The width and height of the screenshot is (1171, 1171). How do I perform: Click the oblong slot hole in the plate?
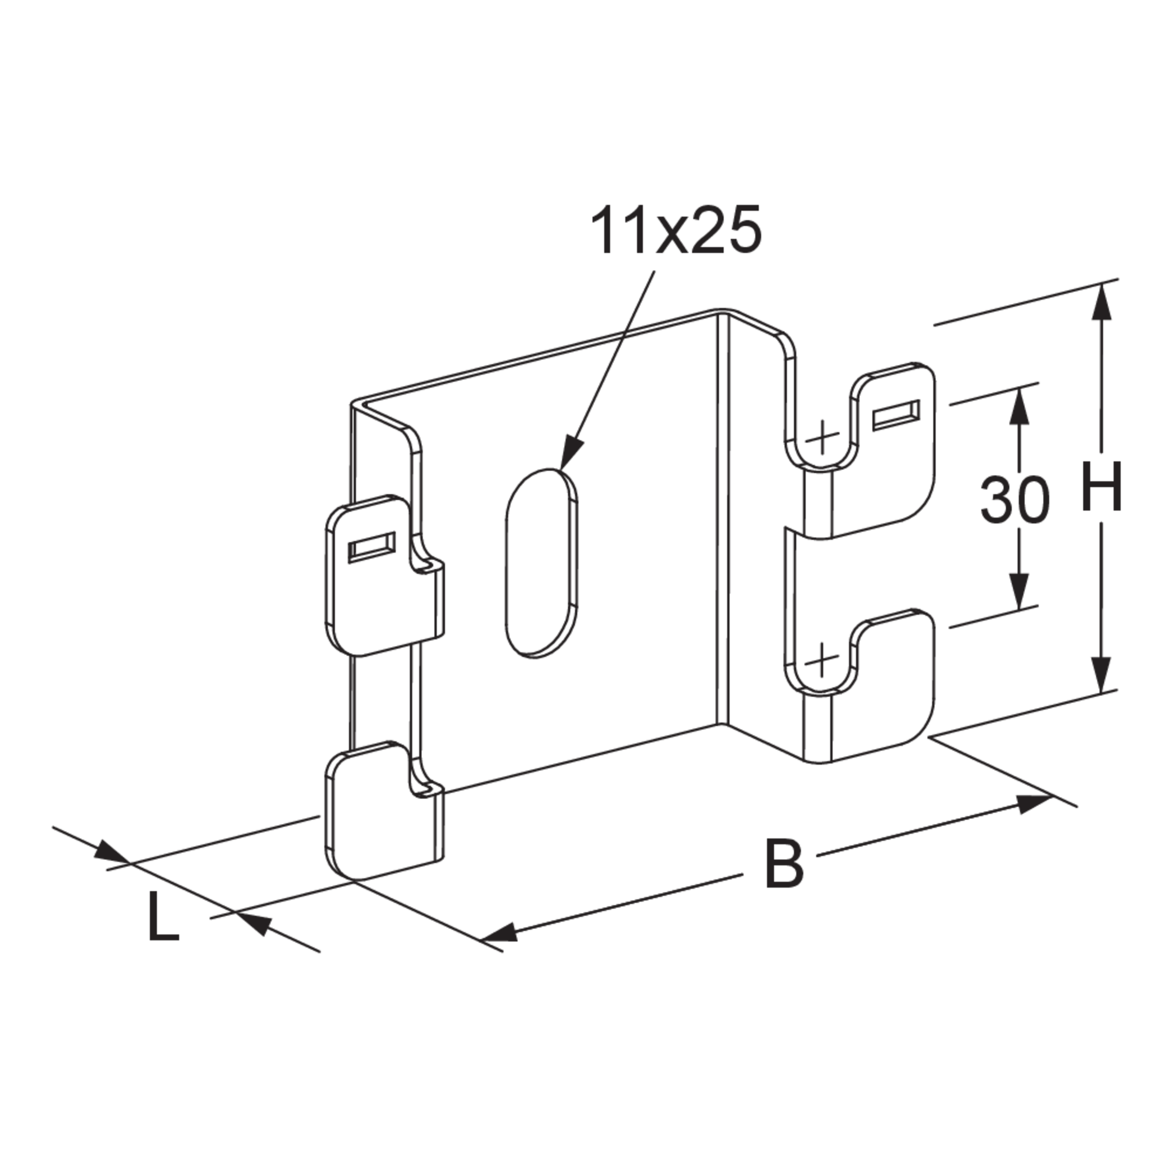pos(541,563)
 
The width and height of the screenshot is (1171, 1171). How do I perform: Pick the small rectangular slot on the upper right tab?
pos(896,415)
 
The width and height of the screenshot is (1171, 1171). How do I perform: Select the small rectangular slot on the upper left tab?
pos(371,548)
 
